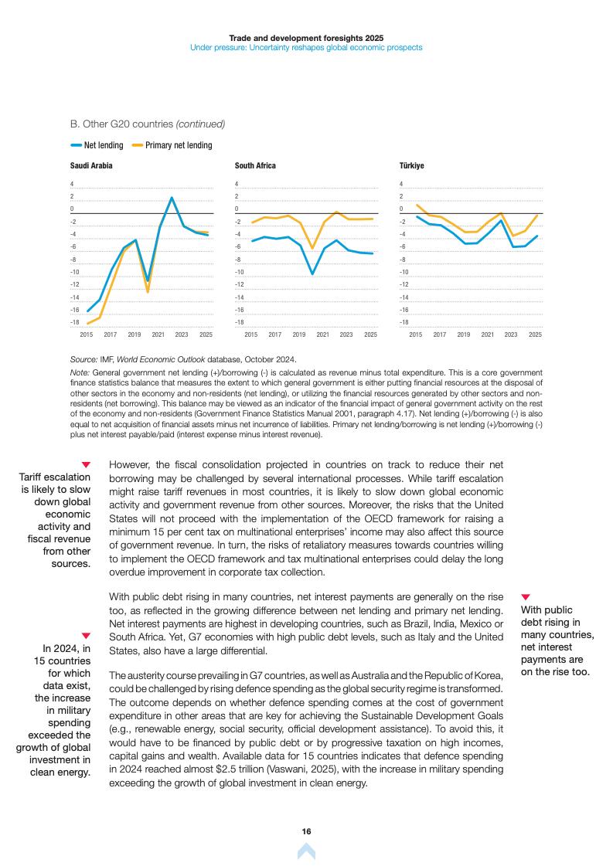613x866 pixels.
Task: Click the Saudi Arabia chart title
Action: [x=91, y=165]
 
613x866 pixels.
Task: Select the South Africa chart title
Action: [x=255, y=165]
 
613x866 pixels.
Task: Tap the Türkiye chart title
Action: [x=411, y=165]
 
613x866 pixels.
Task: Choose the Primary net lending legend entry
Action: [x=178, y=145]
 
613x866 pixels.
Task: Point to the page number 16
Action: [x=306, y=831]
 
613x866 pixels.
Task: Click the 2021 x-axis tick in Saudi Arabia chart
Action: [x=158, y=335]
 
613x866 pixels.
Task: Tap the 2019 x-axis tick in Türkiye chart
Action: [x=463, y=335]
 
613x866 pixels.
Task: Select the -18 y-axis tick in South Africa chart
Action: [x=240, y=322]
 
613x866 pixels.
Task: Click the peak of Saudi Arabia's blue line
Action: [x=172, y=198]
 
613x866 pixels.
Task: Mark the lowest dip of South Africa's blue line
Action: [x=312, y=273]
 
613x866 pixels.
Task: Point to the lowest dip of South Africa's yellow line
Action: [x=312, y=249]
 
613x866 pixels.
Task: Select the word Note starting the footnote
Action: [x=79, y=372]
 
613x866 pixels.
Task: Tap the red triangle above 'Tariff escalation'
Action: [x=86, y=464]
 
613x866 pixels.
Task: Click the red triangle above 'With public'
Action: [x=526, y=597]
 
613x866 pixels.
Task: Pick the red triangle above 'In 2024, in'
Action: [x=86, y=636]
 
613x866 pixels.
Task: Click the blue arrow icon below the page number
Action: [x=306, y=851]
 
